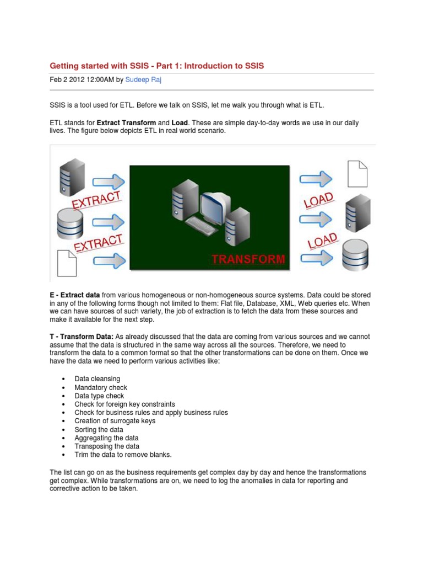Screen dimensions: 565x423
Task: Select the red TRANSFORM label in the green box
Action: point(249,259)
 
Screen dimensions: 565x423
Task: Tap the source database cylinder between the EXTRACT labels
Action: point(69,221)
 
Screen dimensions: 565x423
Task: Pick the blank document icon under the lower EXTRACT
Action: point(68,263)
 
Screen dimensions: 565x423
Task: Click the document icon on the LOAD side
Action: point(356,173)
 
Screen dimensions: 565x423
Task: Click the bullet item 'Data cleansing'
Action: point(96,380)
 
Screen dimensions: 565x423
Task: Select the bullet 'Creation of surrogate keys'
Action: point(115,421)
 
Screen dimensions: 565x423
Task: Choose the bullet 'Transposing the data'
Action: point(107,446)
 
